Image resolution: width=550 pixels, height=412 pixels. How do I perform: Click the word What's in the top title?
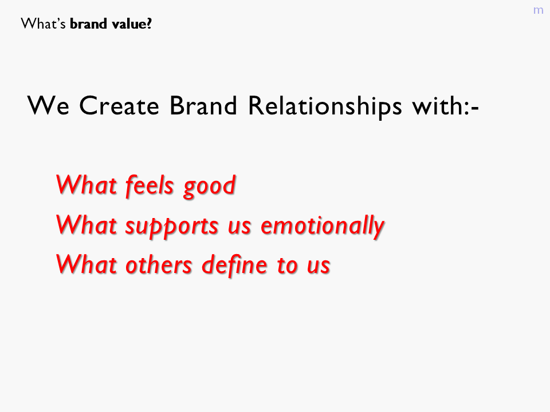pos(43,24)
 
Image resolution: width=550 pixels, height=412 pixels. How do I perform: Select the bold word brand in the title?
pos(88,24)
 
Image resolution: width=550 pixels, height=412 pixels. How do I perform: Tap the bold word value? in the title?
pos(132,24)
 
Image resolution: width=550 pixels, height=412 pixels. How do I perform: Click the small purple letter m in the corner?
pos(538,10)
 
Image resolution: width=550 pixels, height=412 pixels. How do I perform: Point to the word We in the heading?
pos(48,105)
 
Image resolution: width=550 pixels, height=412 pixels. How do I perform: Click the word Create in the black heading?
pos(119,105)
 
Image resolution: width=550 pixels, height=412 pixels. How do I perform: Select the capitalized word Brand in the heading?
pos(203,105)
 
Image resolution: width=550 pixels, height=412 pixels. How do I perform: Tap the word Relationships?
pos(325,106)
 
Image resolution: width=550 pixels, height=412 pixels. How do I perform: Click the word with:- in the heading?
pos(446,105)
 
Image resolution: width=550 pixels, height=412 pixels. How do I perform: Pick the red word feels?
pos(150,185)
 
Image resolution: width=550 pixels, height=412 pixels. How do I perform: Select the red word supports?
pos(172,227)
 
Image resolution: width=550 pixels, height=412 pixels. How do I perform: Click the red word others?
pos(159,264)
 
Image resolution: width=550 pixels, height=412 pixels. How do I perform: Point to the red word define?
pos(235,264)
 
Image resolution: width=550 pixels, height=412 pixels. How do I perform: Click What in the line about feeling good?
pos(87,184)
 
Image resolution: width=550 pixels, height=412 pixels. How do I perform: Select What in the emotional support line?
pos(87,224)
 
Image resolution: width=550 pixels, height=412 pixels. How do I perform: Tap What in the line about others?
pos(87,264)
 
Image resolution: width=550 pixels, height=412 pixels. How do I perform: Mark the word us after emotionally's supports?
pos(239,228)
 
